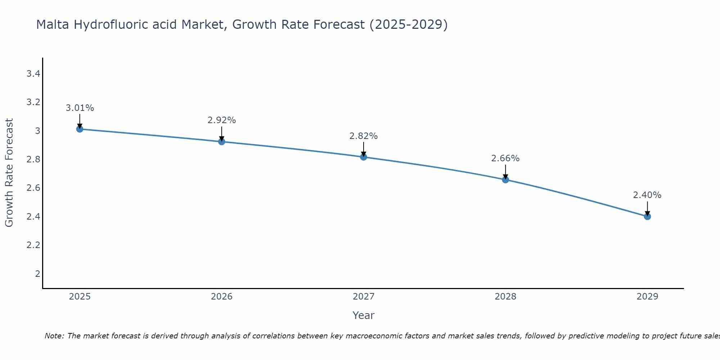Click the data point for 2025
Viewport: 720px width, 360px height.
80,129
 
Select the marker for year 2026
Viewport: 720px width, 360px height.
222,142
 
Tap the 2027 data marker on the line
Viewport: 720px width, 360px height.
364,157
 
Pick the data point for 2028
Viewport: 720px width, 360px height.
505,180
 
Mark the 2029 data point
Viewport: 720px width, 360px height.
647,216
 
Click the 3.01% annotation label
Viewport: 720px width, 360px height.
80,108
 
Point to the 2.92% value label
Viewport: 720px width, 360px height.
222,120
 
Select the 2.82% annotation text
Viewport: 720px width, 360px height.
364,136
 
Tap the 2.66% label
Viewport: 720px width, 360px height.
505,158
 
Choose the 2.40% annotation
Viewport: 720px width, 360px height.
647,195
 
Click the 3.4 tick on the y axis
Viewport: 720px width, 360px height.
33,74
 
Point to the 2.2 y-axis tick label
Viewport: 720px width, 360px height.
33,245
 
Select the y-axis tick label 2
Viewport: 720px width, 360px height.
37,274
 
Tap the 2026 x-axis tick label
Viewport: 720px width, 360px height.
222,297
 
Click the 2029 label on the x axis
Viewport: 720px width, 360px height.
647,297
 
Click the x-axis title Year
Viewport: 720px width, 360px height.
364,315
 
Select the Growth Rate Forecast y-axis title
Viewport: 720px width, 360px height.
9,172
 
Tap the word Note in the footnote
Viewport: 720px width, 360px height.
54,336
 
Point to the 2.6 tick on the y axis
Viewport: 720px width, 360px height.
33,188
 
